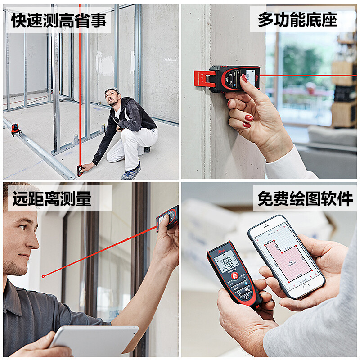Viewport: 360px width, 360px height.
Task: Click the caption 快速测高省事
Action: [59, 20]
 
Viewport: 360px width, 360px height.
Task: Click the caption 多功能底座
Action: [297, 20]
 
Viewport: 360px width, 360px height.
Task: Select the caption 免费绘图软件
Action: [304, 199]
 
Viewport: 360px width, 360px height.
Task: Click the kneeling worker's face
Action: [111, 98]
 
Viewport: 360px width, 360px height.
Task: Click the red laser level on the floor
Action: [16, 129]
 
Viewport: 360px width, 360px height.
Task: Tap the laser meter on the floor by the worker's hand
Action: [80, 171]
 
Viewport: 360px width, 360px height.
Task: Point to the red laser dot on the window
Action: [43, 276]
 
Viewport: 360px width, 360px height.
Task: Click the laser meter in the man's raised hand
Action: [167, 218]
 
